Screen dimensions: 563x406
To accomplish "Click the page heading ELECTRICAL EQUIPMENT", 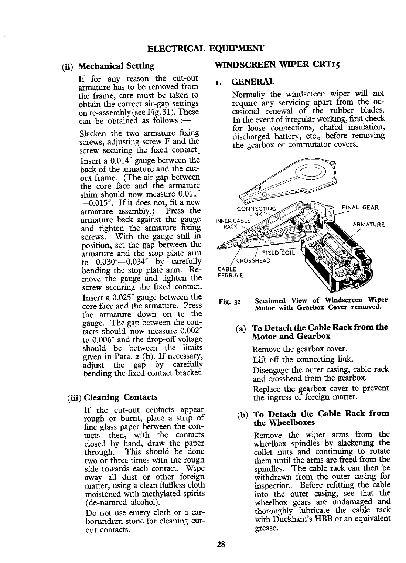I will click(205, 48).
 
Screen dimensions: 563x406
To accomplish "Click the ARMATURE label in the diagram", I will click(369, 224).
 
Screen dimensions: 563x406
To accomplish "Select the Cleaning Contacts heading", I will click(120, 397).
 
